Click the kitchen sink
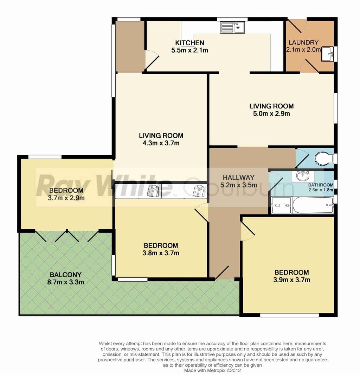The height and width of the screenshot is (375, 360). (232, 27)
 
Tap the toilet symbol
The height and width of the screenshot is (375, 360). (324, 158)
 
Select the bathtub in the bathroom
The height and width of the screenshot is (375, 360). (313, 205)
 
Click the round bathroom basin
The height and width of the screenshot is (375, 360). (303, 177)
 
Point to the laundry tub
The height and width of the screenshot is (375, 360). (327, 54)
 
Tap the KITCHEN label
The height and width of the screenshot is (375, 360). (190, 43)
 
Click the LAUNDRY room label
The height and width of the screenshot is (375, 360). (303, 42)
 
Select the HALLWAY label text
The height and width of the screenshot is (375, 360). (239, 177)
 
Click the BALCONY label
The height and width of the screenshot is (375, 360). (66, 275)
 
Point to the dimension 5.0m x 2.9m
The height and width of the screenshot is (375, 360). (271, 113)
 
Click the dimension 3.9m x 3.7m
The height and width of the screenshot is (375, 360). (291, 279)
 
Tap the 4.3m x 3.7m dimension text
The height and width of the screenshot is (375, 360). (161, 143)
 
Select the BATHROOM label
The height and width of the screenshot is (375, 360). (321, 185)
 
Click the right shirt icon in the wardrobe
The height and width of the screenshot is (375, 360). (199, 191)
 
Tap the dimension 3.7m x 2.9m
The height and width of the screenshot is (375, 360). (66, 198)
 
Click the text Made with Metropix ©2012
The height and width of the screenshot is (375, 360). (212, 370)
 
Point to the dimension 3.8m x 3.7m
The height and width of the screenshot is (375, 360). (161, 253)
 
